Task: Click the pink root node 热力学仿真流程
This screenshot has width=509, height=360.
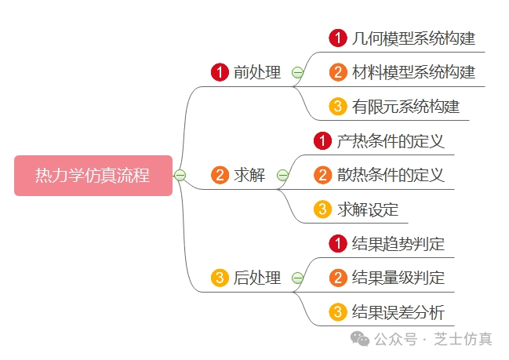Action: (x=93, y=175)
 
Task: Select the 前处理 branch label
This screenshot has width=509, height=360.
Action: (x=257, y=73)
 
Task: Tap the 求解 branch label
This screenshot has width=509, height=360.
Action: (x=249, y=175)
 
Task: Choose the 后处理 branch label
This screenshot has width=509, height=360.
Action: (x=257, y=278)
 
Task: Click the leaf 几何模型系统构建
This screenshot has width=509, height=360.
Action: (x=413, y=38)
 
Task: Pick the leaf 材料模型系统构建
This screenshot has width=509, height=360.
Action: (x=413, y=73)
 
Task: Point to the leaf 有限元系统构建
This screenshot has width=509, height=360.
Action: (x=405, y=107)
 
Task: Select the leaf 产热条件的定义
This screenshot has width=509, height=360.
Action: (x=391, y=141)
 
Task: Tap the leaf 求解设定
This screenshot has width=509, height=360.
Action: (x=368, y=209)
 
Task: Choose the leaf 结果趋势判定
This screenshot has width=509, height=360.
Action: (x=398, y=244)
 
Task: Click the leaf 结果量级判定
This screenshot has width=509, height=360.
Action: (x=398, y=278)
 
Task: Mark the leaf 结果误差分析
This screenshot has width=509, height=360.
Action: (x=398, y=312)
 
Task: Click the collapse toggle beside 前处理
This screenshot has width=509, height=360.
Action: (x=297, y=73)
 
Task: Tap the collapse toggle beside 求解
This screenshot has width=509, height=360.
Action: (x=282, y=175)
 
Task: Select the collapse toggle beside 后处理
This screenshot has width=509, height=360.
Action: (x=297, y=278)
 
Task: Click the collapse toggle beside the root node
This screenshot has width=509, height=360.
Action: (x=180, y=175)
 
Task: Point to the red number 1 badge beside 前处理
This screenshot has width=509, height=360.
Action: (x=220, y=73)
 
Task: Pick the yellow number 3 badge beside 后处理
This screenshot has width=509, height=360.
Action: (x=220, y=278)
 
